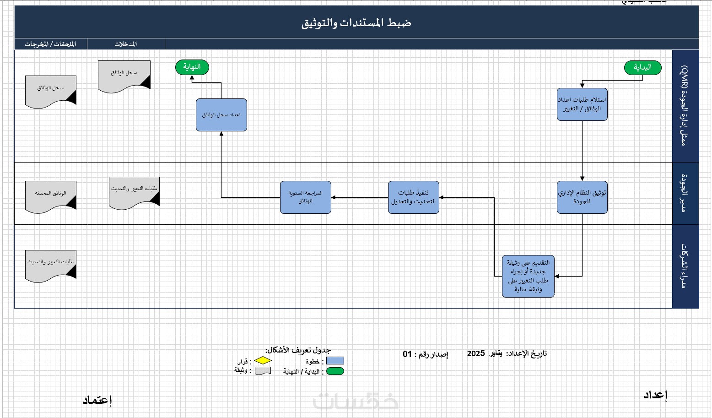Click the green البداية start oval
642,68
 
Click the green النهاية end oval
192,67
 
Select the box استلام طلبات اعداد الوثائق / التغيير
582,104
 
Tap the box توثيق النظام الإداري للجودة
582,197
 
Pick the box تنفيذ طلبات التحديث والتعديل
413,197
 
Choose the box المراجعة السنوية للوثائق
305,197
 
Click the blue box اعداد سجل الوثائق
221,115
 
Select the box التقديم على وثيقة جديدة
528,276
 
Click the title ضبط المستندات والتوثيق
356,23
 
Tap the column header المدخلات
126,44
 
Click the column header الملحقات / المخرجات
50,44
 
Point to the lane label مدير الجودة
685,193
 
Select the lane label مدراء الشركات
685,266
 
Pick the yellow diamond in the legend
263,361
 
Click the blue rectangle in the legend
335,361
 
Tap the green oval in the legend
335,371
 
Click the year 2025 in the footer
476,353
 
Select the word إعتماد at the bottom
97,400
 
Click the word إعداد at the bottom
655,395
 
